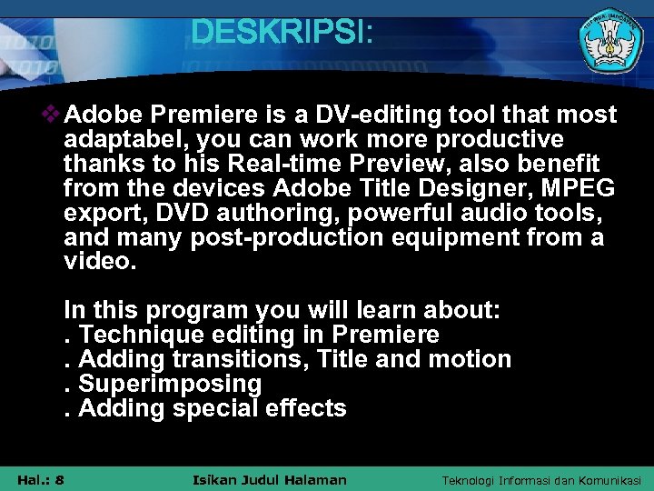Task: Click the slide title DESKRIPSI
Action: pos(282,33)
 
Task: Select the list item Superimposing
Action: pos(170,384)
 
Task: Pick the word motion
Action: pos(469,359)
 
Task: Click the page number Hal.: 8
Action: pos(40,479)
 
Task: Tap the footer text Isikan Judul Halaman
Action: pos(271,479)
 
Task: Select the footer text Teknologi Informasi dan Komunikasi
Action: pos(541,479)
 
